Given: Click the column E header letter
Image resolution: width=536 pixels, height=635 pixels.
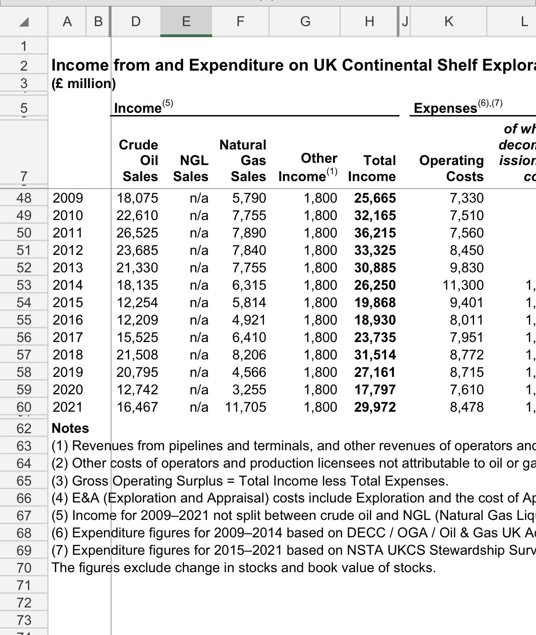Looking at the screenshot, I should (x=186, y=21).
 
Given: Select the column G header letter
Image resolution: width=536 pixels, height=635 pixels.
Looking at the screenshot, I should (x=305, y=21).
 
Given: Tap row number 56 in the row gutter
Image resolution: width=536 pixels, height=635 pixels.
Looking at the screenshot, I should (x=24, y=337).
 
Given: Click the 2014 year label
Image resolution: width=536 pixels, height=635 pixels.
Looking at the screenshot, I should (x=68, y=285).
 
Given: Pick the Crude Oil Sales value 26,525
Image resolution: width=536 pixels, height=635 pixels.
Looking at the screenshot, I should (x=137, y=233).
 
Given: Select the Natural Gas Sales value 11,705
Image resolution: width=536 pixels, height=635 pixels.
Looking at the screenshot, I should (x=246, y=407).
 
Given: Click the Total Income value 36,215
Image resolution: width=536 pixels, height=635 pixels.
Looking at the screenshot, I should (x=375, y=233).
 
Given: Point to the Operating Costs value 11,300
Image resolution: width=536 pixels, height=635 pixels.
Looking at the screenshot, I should (x=463, y=285).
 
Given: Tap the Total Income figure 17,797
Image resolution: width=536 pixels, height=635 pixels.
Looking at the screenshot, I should (x=375, y=390).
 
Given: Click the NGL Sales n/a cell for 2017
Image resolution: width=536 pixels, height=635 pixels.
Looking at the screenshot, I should (x=199, y=337).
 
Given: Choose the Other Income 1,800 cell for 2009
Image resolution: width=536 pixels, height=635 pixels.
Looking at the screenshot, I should (x=320, y=198).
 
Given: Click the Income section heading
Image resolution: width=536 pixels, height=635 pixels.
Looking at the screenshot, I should (x=138, y=108).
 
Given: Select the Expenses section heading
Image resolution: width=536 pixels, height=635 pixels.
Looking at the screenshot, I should (x=445, y=108).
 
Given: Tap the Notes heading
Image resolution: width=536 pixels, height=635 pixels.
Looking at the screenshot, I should (x=70, y=428).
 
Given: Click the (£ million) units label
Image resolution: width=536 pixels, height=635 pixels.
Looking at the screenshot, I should (x=83, y=83).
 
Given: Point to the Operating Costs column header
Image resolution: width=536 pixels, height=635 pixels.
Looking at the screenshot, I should (x=452, y=168).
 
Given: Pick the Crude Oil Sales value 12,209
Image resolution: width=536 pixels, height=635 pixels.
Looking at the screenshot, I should (x=137, y=320).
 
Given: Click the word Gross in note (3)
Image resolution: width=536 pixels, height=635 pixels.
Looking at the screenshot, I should (x=90, y=480).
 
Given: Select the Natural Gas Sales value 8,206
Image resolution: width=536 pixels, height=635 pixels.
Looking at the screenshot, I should (x=249, y=355).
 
